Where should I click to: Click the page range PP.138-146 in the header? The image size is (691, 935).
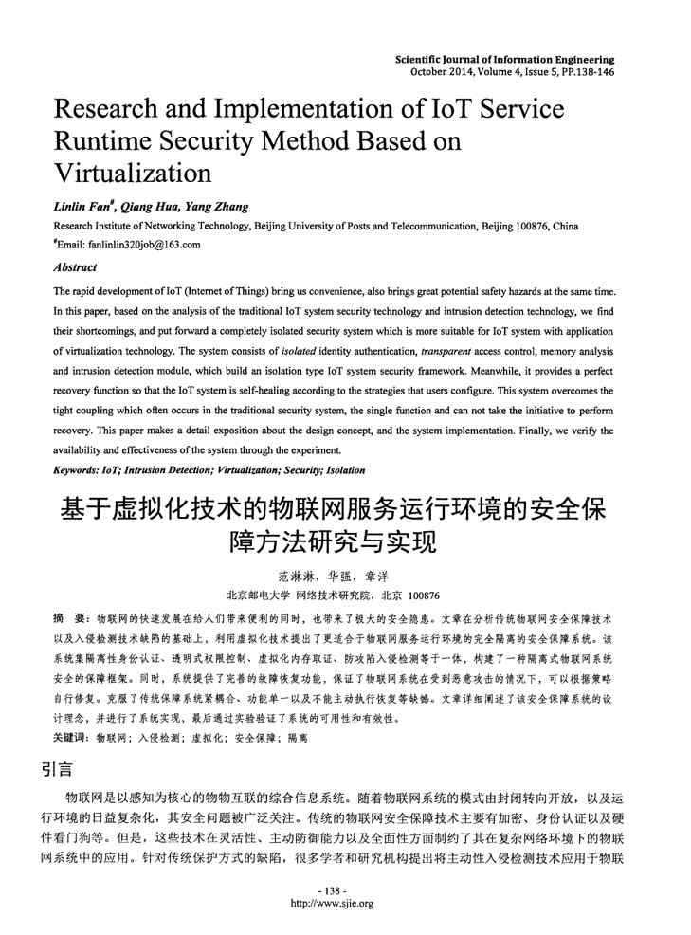pos(582,71)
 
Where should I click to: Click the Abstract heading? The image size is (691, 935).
pos(76,267)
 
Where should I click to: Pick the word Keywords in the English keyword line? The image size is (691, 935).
pos(77,469)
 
